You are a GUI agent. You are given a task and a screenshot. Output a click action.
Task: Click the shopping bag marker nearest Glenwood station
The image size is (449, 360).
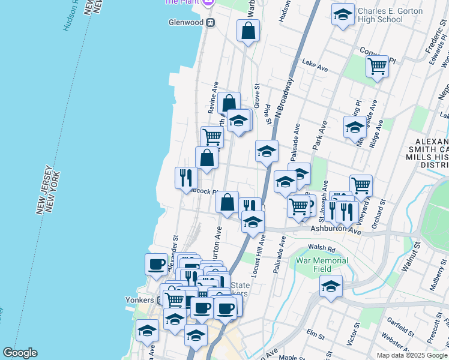[248, 31]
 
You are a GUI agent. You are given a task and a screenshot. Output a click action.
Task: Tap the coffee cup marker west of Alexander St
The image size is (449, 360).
[157, 264]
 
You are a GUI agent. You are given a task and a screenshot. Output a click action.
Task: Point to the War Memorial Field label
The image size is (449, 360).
[322, 265]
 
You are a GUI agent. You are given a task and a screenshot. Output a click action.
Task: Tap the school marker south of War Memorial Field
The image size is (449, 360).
[330, 286]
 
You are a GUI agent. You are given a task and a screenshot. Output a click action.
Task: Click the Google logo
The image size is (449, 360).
[20, 353]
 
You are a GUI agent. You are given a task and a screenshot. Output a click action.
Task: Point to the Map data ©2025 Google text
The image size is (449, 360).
[412, 355]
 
